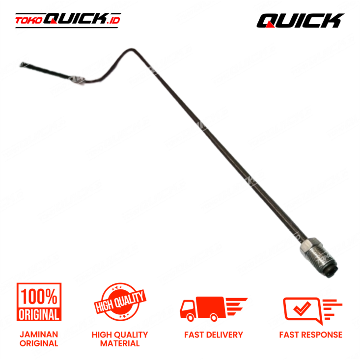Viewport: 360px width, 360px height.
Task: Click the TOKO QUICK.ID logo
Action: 68,20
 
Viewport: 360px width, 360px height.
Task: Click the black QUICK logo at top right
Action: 300,21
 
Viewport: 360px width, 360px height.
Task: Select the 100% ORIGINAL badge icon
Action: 39,302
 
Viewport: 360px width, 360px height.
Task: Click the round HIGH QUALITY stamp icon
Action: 120,302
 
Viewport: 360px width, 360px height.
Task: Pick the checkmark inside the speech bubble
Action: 302,308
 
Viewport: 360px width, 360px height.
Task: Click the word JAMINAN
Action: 39,334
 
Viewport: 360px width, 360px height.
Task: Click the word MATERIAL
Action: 120,343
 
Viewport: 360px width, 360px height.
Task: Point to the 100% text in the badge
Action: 39,297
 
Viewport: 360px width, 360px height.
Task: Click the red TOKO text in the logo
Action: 29,21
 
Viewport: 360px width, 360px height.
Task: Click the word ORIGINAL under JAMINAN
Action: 39,343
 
